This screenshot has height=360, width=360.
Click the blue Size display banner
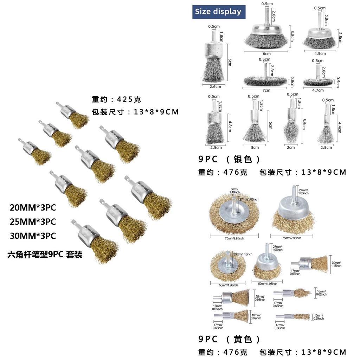pos(218,12)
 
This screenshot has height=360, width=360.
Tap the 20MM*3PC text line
pos(33,208)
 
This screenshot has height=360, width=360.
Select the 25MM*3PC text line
pos(33,222)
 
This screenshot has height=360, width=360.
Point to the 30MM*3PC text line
pos(33,236)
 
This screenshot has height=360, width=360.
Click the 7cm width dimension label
pos(266,90)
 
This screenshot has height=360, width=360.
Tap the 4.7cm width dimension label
pos(318,90)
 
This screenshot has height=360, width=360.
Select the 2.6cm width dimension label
pos(215,86)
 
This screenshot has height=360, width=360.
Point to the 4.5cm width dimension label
pos(320,54)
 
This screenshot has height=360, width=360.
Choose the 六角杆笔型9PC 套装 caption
pos(45,255)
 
